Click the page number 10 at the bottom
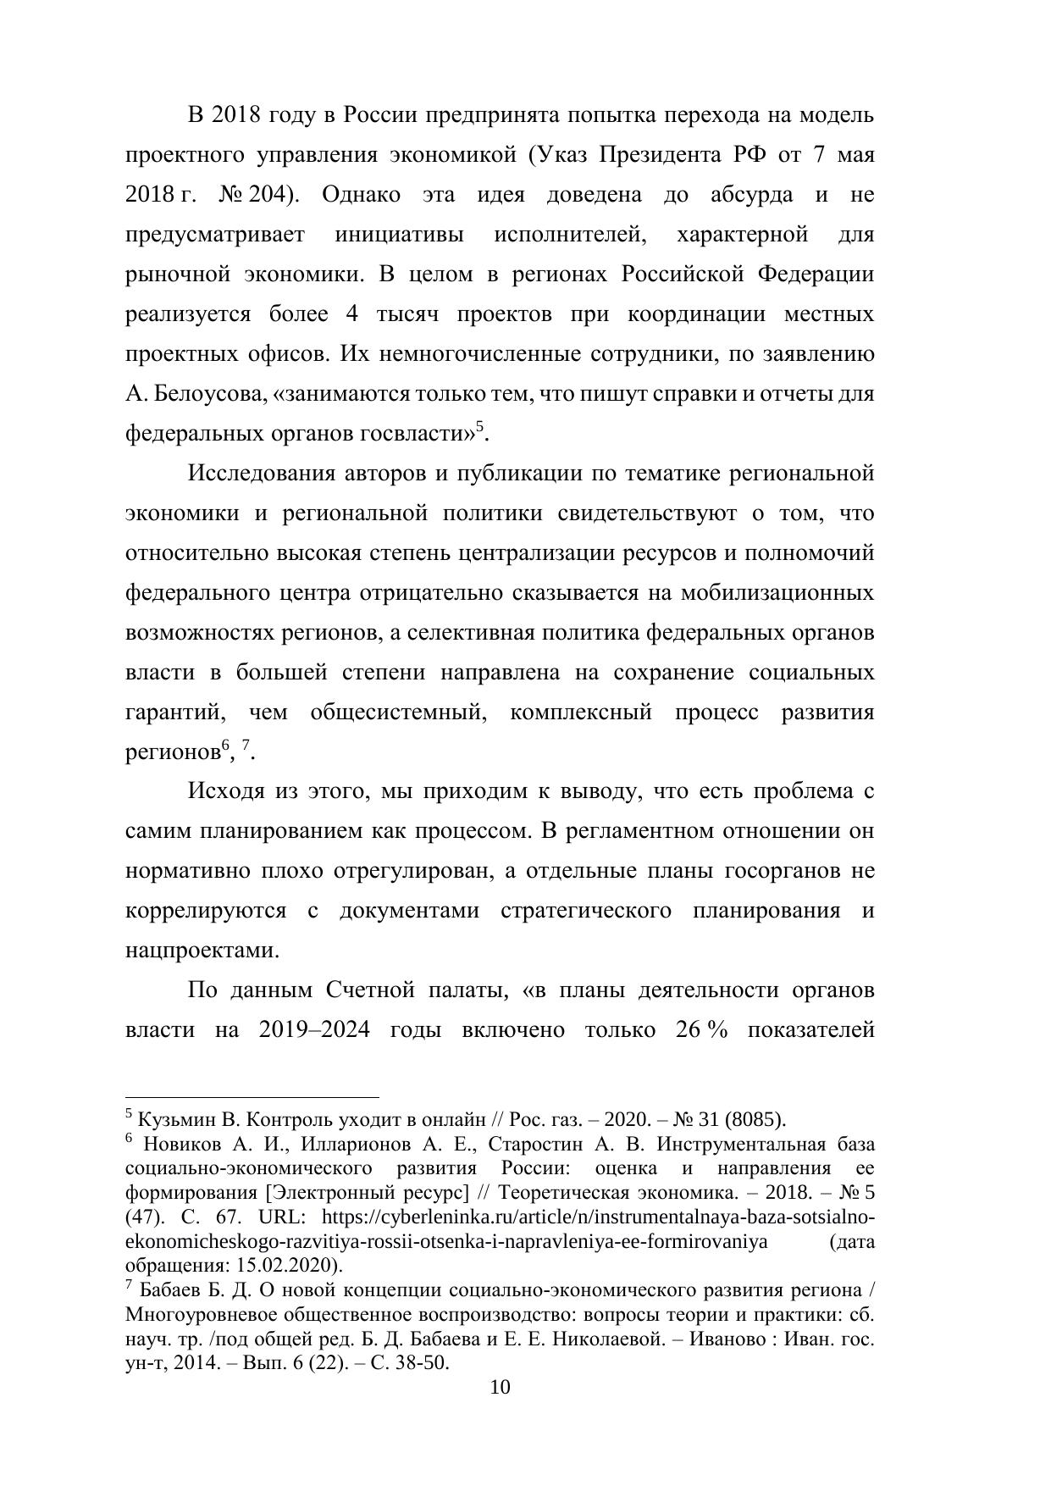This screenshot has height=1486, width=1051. tap(501, 1387)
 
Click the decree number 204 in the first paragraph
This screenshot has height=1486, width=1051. tap(274, 195)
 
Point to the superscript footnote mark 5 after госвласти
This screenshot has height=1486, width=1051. tap(479, 427)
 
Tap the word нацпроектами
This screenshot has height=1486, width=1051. tap(202, 951)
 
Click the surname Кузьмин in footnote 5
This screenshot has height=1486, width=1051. tap(174, 1119)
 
